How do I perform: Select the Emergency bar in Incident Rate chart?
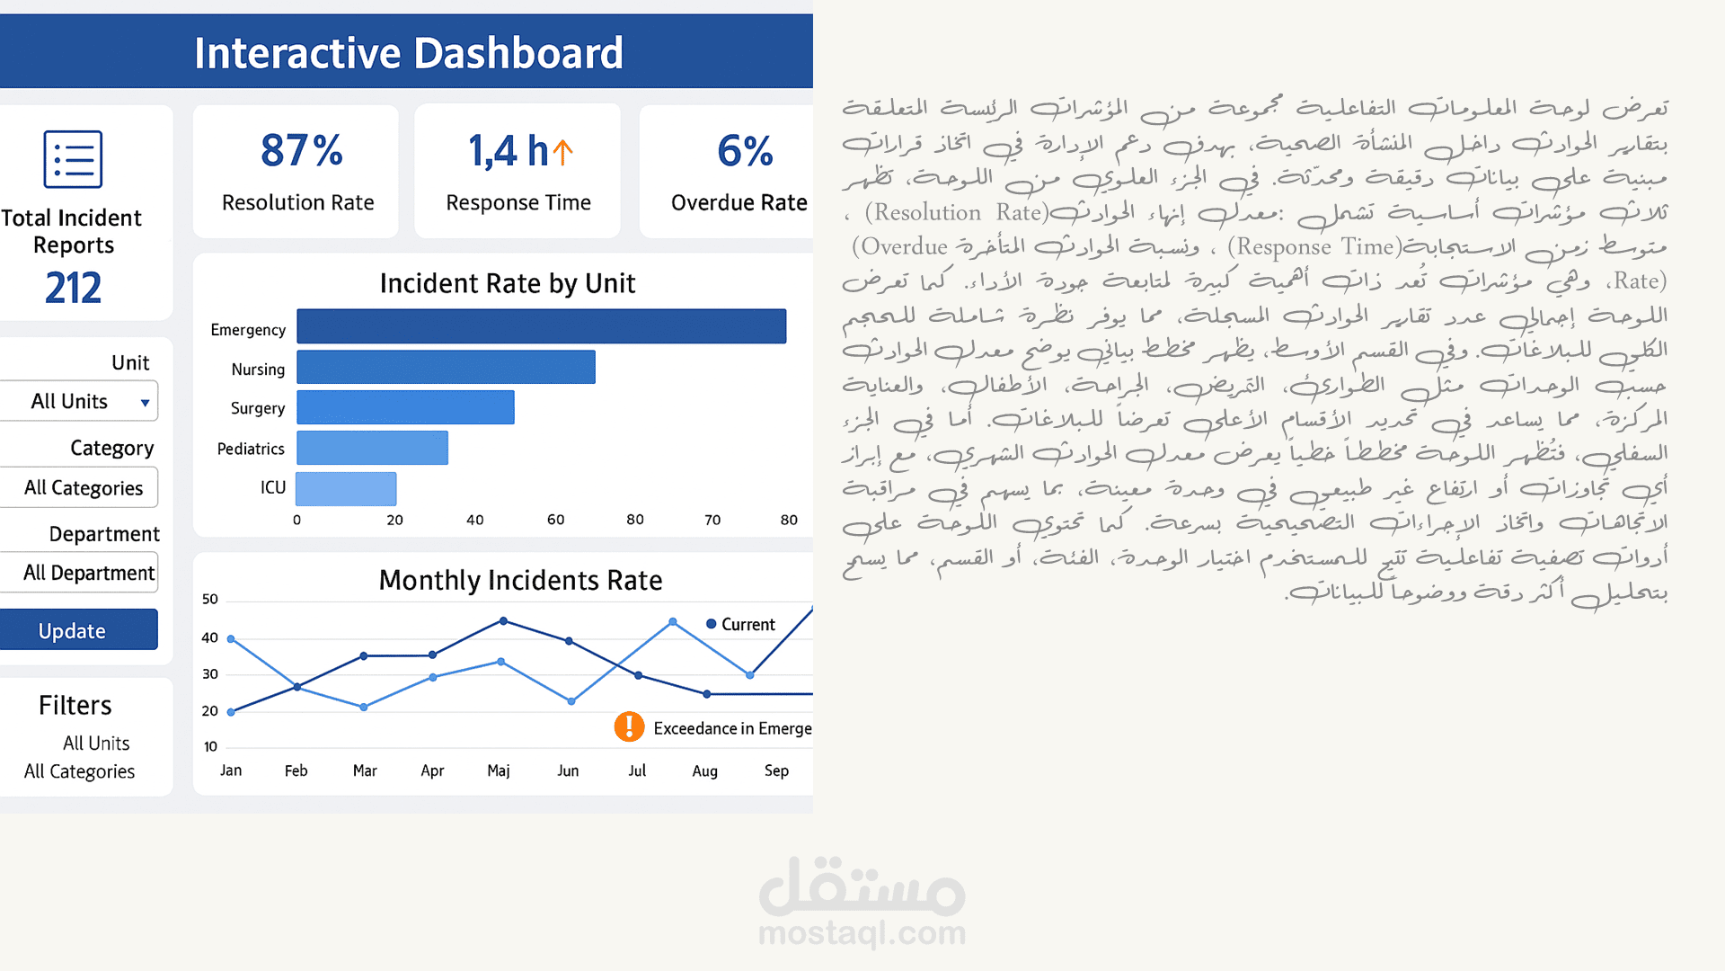541,326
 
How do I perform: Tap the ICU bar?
346,489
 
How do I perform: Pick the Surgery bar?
405,407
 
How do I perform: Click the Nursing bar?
446,367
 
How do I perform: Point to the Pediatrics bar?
372,448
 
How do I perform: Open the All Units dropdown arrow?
145,403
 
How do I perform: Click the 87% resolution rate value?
301,150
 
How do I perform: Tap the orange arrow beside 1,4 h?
562,151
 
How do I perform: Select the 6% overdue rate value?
745,150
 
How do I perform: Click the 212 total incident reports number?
74,288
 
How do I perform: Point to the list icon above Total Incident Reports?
73,159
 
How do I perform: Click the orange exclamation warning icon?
629,726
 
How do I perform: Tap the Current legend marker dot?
712,624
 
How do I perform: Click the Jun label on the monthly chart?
568,771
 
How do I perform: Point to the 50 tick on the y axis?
210,600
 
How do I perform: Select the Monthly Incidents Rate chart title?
520,580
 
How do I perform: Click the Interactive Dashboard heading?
409,53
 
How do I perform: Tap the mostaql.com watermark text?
862,933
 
